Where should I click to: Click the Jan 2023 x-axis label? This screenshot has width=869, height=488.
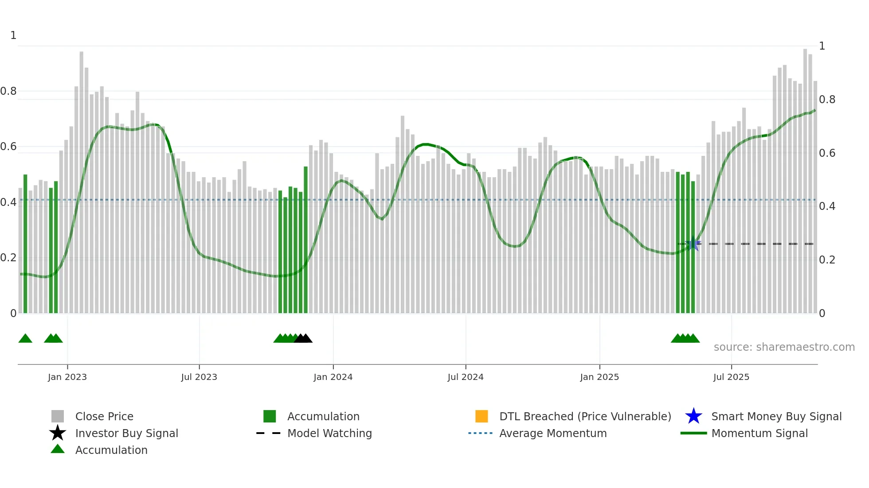click(67, 377)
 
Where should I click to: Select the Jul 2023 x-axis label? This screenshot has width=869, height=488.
click(199, 377)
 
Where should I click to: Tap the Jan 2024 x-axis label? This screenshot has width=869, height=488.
click(333, 377)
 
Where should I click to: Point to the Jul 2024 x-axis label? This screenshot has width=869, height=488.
click(466, 377)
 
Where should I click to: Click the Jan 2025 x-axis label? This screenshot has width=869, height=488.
click(599, 377)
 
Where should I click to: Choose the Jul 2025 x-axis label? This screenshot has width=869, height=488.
click(731, 377)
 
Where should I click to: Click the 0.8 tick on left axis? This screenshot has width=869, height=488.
click(8, 91)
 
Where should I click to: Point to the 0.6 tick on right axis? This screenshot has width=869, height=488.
click(827, 153)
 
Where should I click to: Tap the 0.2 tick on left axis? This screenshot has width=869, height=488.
click(8, 258)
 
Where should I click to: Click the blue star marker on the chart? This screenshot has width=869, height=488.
click(693, 244)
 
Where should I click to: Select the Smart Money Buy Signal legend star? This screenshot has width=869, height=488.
click(693, 416)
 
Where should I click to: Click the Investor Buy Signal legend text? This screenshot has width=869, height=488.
click(127, 433)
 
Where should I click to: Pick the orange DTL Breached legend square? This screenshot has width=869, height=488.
click(481, 416)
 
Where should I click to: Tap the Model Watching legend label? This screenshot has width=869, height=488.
click(329, 433)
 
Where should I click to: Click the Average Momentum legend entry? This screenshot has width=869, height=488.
click(553, 433)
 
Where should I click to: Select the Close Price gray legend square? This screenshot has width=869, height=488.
click(58, 416)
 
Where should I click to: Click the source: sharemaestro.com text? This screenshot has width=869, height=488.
click(784, 347)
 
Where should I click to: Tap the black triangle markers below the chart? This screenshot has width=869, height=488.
click(303, 339)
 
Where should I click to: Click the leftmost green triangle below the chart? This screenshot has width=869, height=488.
click(25, 339)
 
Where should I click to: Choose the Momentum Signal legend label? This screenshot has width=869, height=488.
click(759, 433)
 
